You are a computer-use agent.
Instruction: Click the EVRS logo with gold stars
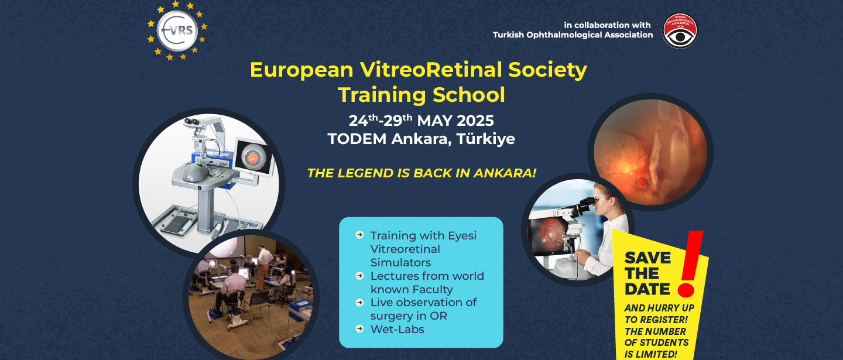[x=177, y=30]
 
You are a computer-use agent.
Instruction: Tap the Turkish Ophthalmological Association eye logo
[x=680, y=30]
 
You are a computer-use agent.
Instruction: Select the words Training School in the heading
[x=421, y=95]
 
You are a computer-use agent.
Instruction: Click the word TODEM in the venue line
[x=357, y=139]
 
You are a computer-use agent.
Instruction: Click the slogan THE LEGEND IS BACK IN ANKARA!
[x=421, y=173]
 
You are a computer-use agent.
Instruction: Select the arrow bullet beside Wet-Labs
[x=359, y=329]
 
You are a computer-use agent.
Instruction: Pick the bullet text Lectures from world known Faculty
[x=427, y=282]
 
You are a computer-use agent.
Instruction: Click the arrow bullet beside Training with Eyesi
[x=359, y=235]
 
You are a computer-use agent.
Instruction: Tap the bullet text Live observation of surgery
[x=423, y=309]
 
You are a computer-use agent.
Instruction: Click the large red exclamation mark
[x=691, y=263]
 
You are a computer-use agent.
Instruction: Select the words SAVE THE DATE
[x=648, y=273]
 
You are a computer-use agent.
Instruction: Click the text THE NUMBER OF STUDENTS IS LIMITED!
[x=657, y=342]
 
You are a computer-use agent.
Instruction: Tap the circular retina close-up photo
[x=650, y=152]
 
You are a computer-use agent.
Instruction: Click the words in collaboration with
[x=607, y=25]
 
